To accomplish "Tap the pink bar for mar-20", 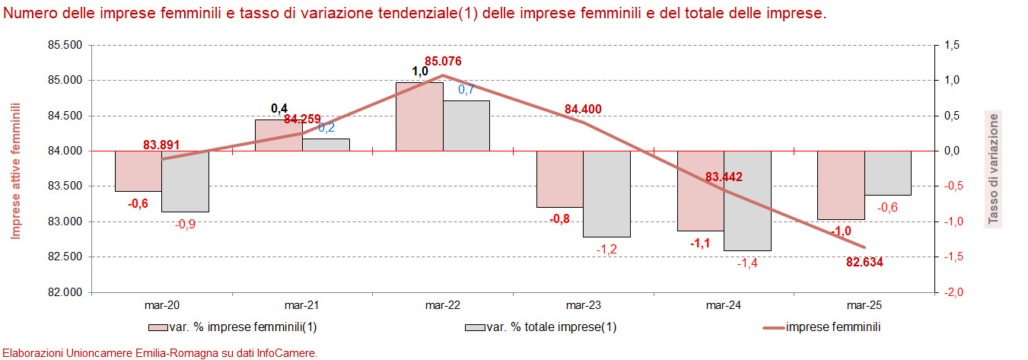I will (x=138, y=170).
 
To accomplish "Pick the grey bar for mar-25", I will (x=887, y=173).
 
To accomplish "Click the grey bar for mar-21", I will (x=326, y=145).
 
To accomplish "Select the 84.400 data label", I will (x=583, y=110).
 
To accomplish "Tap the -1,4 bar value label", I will (x=748, y=263).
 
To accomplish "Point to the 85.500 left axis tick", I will (x=65, y=46).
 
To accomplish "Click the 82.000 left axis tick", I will (x=65, y=292).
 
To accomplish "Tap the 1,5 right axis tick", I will (x=952, y=46).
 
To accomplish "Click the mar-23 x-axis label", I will (x=583, y=306).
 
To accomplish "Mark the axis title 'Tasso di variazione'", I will (x=993, y=169).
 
